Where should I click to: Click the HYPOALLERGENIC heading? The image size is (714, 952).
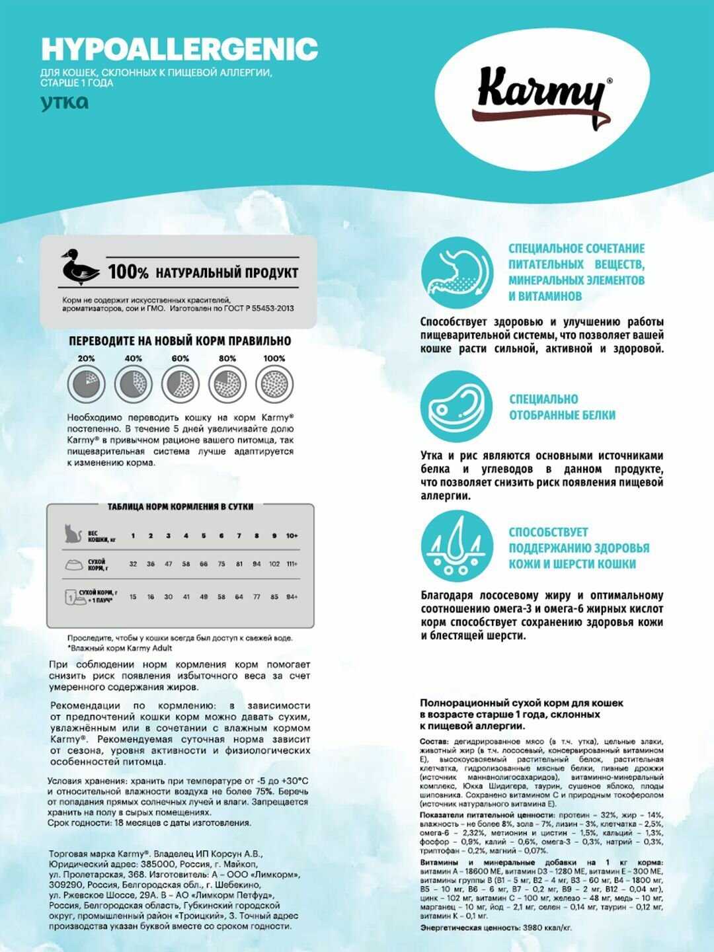point(179,49)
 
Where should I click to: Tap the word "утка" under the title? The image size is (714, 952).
point(64,102)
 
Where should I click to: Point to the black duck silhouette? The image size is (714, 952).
point(79,267)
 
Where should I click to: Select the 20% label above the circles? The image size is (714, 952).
point(86,358)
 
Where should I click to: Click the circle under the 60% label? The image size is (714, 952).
point(180,383)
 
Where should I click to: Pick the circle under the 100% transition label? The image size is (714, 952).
point(274,383)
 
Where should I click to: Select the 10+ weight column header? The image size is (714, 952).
point(292,535)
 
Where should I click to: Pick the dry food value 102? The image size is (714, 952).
point(274,564)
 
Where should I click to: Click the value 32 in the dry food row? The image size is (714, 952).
point(133,564)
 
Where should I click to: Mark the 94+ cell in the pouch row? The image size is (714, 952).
point(292,597)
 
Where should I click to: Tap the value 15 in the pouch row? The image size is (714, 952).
point(133,597)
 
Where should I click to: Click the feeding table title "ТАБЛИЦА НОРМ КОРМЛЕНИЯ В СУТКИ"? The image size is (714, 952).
point(180,507)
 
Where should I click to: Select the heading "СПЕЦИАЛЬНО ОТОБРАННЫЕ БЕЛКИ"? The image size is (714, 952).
point(562,407)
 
